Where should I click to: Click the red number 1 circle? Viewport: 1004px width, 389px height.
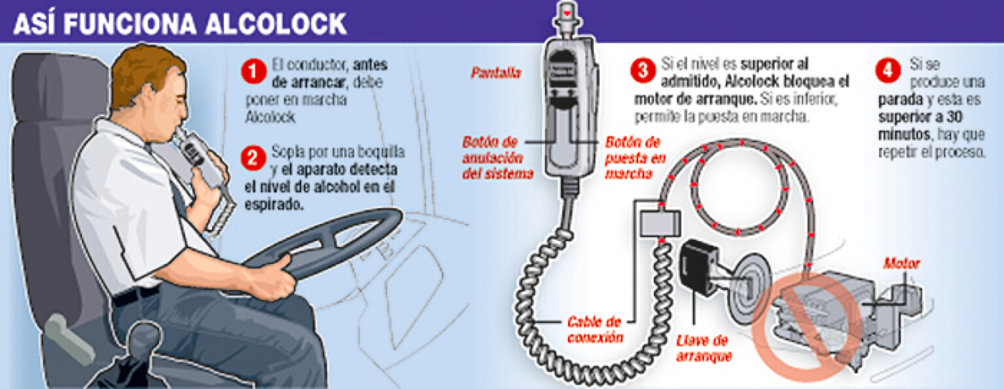[x=254, y=72]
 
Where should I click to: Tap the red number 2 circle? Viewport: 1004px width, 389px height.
[x=253, y=158]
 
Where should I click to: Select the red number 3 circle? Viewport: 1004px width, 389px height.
[x=643, y=71]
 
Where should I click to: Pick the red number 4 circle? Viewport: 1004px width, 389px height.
[x=888, y=71]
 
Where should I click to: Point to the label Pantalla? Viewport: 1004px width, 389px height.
[x=495, y=73]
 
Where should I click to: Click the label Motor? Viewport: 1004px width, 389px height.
[x=901, y=263]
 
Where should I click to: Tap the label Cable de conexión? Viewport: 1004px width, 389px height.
[x=595, y=330]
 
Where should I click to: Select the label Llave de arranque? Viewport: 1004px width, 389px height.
[x=704, y=348]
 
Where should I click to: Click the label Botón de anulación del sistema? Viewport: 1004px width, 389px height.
[x=497, y=158]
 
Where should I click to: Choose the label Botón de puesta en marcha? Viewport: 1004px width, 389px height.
[x=635, y=158]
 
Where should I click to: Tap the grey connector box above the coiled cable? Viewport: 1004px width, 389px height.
[x=660, y=223]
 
